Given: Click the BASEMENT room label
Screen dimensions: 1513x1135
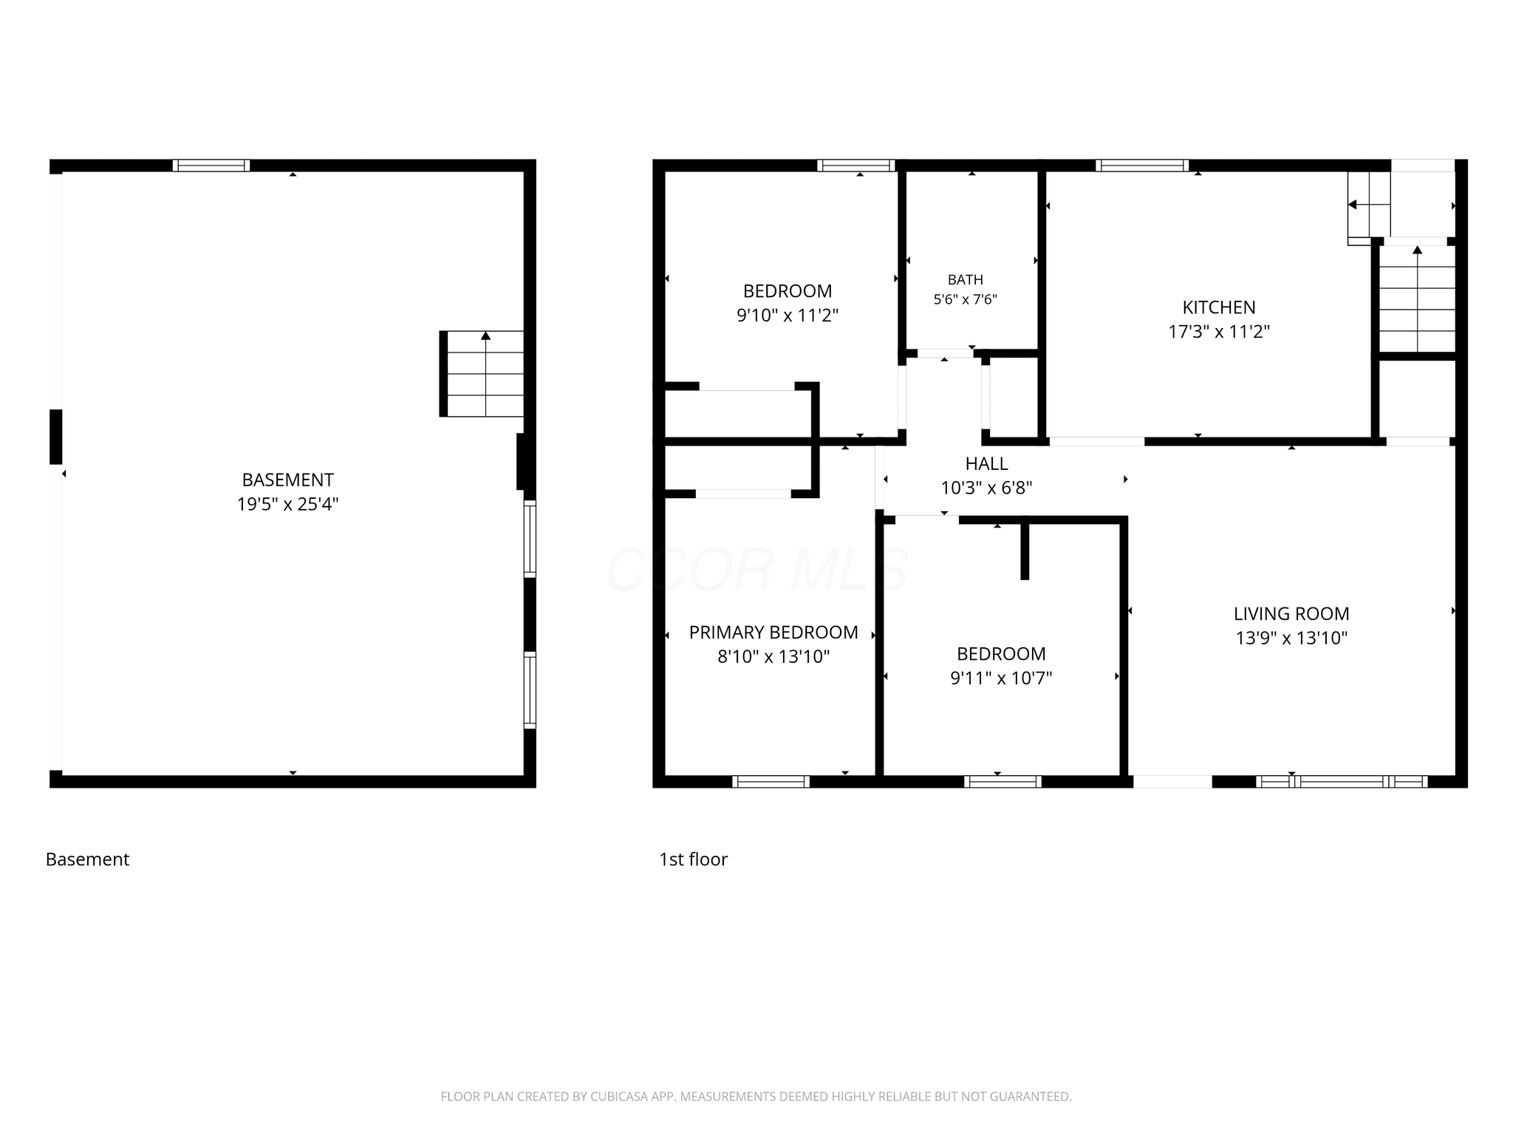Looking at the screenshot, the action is [288, 480].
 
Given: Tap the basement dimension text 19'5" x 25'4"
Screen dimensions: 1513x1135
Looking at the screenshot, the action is [288, 504].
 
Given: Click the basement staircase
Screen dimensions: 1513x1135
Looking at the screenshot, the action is [482, 374].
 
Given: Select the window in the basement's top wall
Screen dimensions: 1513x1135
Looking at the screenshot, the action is [211, 166].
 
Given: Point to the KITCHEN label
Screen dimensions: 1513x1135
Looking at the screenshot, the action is [1219, 307].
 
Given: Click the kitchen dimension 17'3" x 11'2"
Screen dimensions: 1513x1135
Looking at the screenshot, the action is [1219, 332].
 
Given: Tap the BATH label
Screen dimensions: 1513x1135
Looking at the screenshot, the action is [966, 279].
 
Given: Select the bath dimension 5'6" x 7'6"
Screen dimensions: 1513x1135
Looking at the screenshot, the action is [966, 299].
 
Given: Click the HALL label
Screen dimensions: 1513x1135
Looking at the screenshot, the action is [987, 463].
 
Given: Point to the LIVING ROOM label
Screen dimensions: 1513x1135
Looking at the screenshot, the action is [1291, 613].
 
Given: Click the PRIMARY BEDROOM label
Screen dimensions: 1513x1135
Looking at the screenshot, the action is [773, 633].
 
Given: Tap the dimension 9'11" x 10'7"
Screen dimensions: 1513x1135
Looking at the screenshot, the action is [1001, 678].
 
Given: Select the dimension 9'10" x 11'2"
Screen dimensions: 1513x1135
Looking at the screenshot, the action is [788, 316].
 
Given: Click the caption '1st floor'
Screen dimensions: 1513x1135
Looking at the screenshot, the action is [693, 859].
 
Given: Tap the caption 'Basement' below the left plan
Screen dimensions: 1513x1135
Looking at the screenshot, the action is [87, 859].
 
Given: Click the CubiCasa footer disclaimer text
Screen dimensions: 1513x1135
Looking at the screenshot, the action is [756, 1097].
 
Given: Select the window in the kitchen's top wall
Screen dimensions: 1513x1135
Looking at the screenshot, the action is [1142, 166].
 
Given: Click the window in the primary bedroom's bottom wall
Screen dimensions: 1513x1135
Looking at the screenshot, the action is [771, 782].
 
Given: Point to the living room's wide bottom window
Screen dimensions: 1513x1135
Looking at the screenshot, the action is [1342, 782].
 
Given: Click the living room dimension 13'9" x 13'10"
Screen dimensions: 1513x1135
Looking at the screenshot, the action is [1291, 638].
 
